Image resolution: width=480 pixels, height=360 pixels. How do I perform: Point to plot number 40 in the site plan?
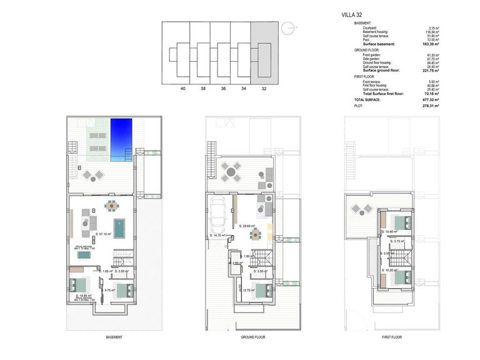(x=182, y=89)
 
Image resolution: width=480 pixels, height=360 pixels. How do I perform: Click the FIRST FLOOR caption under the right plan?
(x=392, y=337)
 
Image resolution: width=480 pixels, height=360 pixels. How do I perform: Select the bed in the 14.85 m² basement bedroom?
(x=80, y=285)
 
